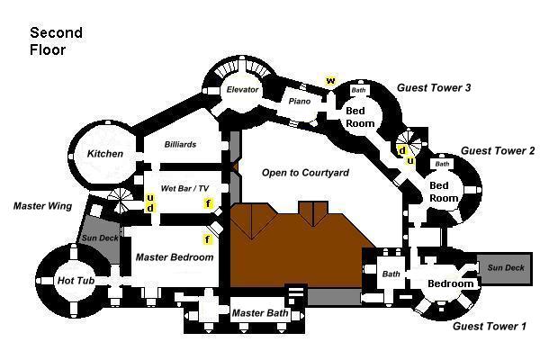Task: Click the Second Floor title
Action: pos(56,40)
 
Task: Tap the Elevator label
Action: pos(242,90)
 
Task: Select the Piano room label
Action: pos(299,101)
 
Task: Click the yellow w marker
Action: pos(330,81)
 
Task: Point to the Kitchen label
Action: pos(105,154)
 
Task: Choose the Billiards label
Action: pos(180,144)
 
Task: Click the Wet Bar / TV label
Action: pos(184,188)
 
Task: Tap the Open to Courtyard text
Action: pos(305,172)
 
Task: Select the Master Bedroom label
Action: pos(175,257)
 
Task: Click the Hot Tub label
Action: pos(76,282)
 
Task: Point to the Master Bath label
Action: pos(258,313)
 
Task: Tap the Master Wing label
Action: pos(42,206)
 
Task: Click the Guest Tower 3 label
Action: pos(434,87)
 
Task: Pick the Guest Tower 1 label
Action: pos(489,326)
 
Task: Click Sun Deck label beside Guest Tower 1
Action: pos(505,268)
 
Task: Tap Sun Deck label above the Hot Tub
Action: pos(99,238)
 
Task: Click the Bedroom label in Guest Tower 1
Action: pos(450,284)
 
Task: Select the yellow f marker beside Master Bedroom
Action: pos(209,240)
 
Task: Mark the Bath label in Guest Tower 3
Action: pos(358,90)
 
